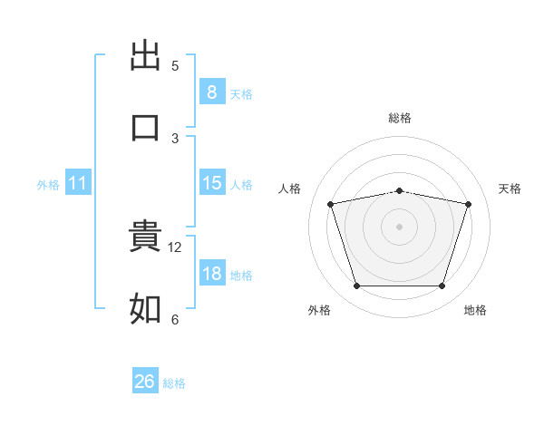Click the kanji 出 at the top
[145, 55]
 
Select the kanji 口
[145, 127]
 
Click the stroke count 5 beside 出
[175, 66]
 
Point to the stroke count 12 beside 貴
[177, 247]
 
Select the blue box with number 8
[211, 92]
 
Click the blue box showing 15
[211, 183]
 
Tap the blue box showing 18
[211, 274]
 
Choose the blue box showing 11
[77, 183]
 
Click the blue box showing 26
[145, 382]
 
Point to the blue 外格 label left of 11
[48, 184]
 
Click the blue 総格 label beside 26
[174, 383]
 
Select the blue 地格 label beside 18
[241, 275]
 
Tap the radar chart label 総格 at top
[400, 118]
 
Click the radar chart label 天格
[510, 189]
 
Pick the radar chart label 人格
[290, 189]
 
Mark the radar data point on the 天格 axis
[468, 205]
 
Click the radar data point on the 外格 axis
[357, 286]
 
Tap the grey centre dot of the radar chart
[400, 227]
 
